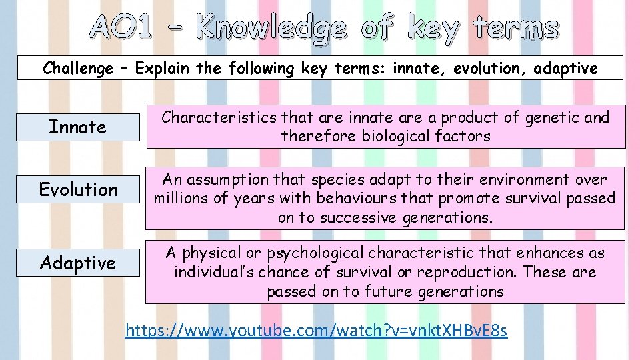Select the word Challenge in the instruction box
[x=77, y=68]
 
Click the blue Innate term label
[x=77, y=127]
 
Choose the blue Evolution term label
[x=78, y=190]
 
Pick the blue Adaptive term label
[x=77, y=263]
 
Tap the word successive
[x=357, y=217]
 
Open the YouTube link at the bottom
[x=316, y=330]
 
